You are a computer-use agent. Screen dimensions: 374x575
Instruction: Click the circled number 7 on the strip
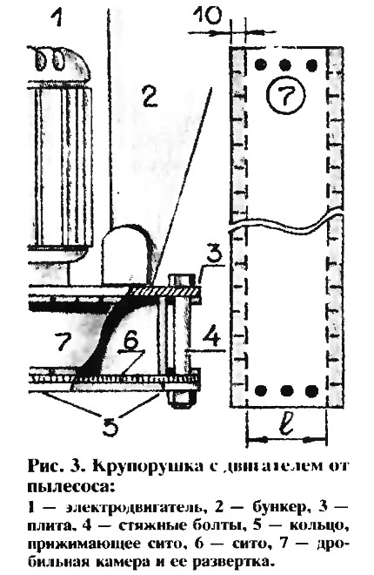(286, 94)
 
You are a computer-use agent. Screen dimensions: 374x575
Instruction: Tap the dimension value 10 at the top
(207, 15)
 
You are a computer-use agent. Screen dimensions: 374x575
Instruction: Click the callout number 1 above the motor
(57, 17)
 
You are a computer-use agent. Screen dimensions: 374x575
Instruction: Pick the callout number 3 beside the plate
(213, 257)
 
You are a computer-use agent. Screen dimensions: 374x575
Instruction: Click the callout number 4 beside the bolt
(213, 336)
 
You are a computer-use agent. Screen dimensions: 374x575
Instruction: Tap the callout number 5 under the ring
(109, 425)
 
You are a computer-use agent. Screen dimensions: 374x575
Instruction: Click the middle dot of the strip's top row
(285, 65)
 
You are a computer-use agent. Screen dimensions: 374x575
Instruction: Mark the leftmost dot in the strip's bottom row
(261, 391)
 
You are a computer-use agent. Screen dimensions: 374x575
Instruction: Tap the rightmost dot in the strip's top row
(311, 65)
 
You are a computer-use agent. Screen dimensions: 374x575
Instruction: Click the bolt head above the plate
(181, 280)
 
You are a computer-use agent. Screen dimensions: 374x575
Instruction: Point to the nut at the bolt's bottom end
(180, 397)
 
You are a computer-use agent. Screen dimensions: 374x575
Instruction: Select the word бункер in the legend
(279, 507)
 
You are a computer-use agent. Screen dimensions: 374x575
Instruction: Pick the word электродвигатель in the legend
(134, 508)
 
